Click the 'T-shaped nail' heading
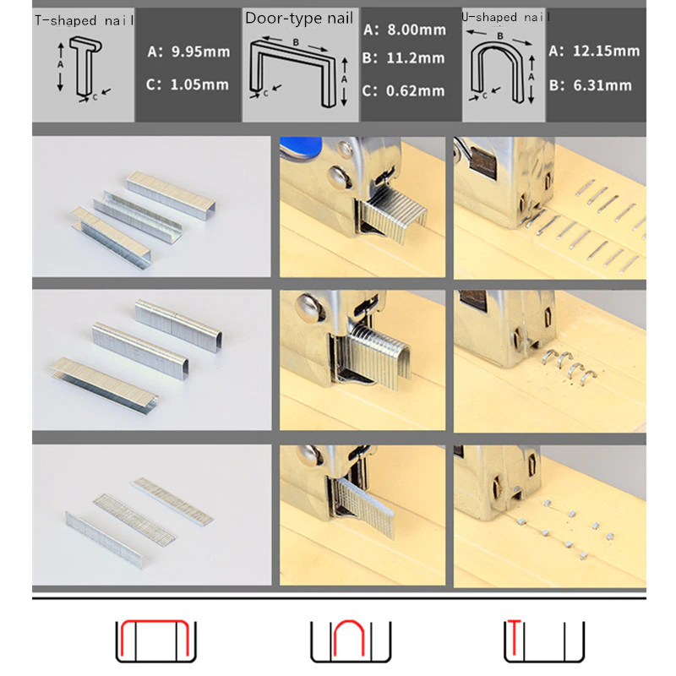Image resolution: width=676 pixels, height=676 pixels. pyautogui.click(x=84, y=20)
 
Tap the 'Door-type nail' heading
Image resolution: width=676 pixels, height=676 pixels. pyautogui.click(x=299, y=18)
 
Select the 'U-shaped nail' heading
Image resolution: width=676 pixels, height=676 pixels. pyautogui.click(x=504, y=17)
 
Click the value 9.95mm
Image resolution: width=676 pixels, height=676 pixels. pyautogui.click(x=201, y=52)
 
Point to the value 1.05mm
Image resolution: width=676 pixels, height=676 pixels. pyautogui.click(x=199, y=84)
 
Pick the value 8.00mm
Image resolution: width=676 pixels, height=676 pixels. pyautogui.click(x=417, y=30)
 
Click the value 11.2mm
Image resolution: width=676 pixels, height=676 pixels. pyautogui.click(x=415, y=57)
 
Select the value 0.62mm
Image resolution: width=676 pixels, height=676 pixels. pyautogui.click(x=415, y=91)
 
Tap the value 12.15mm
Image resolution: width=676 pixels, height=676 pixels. pyautogui.click(x=606, y=51)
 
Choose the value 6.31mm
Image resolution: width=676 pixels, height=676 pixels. pyautogui.click(x=602, y=85)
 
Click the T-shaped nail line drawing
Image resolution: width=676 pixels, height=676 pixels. pyautogui.click(x=86, y=66)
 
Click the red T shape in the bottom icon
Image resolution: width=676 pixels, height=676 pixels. pyautogui.click(x=514, y=637)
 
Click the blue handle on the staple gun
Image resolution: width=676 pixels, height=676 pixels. pyautogui.click(x=301, y=144)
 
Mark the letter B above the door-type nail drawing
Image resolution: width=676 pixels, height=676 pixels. pyautogui.click(x=296, y=42)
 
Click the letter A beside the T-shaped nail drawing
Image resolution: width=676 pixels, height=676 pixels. pyautogui.click(x=60, y=65)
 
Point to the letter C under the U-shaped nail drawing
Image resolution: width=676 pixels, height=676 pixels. pyautogui.click(x=484, y=95)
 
